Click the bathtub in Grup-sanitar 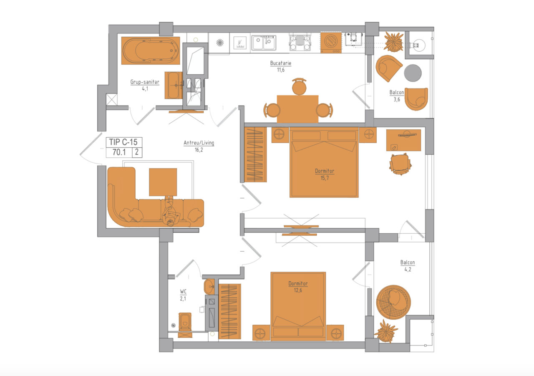tap(151, 50)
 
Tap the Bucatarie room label tap(281, 63)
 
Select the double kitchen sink tap(263, 43)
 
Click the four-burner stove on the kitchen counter tap(300, 43)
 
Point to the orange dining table tap(297, 109)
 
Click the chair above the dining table tap(299, 86)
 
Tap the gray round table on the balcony tap(413, 73)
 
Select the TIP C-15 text tap(123, 142)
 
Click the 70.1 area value tap(119, 152)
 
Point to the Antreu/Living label tap(199, 143)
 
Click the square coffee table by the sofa tap(163, 182)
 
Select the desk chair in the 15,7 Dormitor tap(400, 164)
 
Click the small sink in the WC tap(209, 287)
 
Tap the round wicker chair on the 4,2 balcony tap(393, 302)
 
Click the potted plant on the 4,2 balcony tap(385, 332)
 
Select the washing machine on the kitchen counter tap(331, 43)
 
